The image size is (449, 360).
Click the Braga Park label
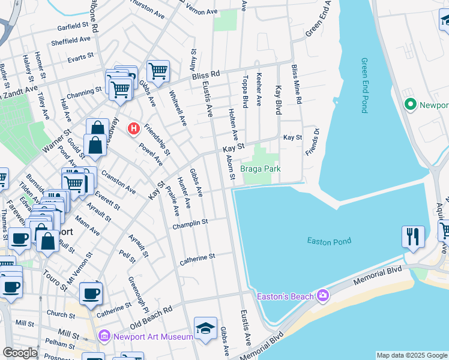261,169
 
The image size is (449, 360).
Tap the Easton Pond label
329,241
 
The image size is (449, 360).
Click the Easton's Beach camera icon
323,296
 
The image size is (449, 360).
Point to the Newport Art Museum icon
105,337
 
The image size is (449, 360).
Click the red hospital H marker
134,128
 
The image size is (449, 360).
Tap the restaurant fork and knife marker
413,236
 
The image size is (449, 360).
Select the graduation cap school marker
205,328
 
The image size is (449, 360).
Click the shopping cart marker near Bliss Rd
158,71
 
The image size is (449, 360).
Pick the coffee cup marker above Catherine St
91,293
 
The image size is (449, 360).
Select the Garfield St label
73,26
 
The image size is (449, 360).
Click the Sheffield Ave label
70,39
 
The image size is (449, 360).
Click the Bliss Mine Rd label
295,83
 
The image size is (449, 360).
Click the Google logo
20,353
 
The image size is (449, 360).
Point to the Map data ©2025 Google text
411,355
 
